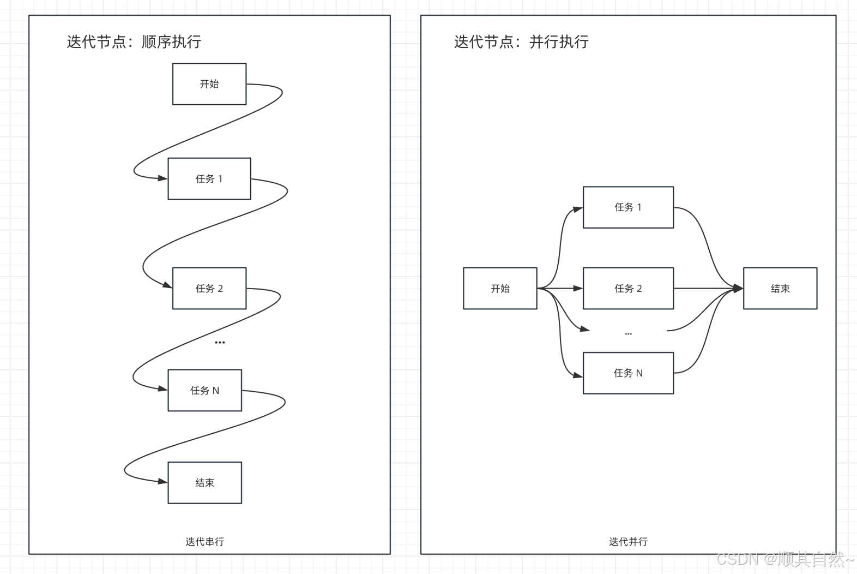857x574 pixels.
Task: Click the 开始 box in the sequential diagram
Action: click(x=209, y=84)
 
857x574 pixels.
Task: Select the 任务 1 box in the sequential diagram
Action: click(x=209, y=179)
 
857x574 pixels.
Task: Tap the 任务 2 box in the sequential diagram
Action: click(x=209, y=289)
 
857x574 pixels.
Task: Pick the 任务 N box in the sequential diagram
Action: click(x=204, y=391)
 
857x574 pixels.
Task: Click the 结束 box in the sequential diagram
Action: click(x=204, y=483)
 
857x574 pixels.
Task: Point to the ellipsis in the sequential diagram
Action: click(x=220, y=343)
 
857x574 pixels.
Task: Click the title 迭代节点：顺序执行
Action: click(x=134, y=42)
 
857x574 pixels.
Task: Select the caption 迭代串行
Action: click(x=204, y=542)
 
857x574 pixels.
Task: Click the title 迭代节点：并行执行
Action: click(x=521, y=42)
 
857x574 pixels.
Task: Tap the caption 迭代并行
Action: click(x=628, y=542)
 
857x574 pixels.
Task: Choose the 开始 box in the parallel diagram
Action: click(x=500, y=289)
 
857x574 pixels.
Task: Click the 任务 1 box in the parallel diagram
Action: click(x=628, y=207)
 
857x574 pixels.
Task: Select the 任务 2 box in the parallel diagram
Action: click(x=628, y=289)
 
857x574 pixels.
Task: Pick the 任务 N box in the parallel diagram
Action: click(x=628, y=373)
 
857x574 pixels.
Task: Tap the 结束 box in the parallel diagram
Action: click(x=780, y=289)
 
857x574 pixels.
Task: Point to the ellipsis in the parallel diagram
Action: click(x=628, y=333)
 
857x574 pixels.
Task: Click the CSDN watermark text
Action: click(x=785, y=559)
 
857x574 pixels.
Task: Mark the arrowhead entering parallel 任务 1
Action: click(x=578, y=208)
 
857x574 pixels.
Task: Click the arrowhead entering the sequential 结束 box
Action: click(x=162, y=482)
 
